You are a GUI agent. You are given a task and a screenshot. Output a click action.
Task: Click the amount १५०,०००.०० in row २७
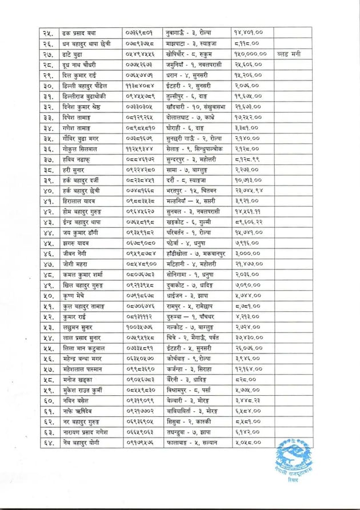pyautogui.click(x=252, y=54)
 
